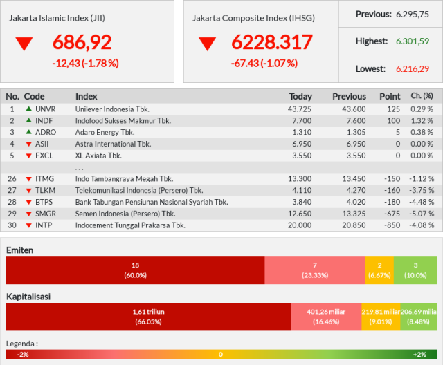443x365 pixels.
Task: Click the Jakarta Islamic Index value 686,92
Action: point(82,42)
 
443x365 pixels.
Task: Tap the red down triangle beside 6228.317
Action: point(208,44)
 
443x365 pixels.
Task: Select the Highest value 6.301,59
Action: point(413,41)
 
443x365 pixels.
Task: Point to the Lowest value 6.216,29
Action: point(413,69)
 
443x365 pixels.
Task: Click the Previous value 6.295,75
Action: point(413,14)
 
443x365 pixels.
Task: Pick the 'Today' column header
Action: point(300,97)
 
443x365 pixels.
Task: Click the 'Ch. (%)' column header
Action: point(422,96)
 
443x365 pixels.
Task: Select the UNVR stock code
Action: point(46,109)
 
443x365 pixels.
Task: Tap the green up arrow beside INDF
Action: point(28,120)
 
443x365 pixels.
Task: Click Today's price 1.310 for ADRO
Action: point(302,132)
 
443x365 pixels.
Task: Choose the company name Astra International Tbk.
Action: point(113,144)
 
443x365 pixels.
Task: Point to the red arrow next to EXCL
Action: point(28,156)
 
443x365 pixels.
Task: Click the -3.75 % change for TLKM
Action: point(422,190)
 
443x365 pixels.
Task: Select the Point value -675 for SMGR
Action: point(392,214)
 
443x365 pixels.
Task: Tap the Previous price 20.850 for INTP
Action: point(354,225)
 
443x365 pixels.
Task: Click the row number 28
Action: point(12,202)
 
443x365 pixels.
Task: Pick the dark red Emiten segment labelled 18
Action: point(136,270)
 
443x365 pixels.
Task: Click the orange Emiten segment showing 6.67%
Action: point(379,270)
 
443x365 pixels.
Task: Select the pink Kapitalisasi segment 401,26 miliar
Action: point(326,317)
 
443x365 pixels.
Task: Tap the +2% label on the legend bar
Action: point(419,355)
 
